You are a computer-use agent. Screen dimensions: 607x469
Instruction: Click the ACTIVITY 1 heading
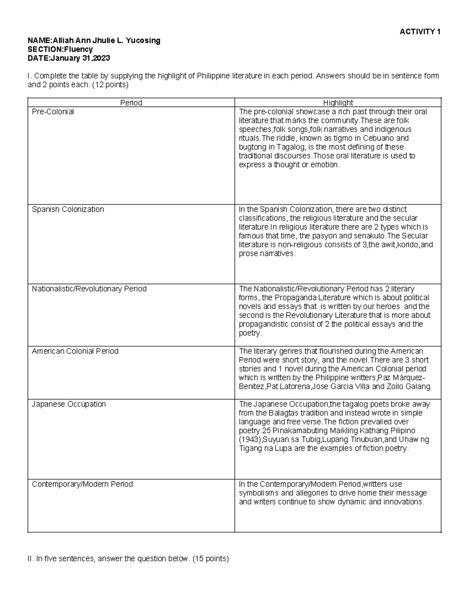[x=420, y=32]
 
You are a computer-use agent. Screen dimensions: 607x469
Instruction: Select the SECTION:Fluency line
[x=60, y=49]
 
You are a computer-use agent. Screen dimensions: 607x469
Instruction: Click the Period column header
[x=131, y=102]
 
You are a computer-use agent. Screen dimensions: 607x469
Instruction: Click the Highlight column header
[x=338, y=102]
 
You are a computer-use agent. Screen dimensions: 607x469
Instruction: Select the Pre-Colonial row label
[x=53, y=112]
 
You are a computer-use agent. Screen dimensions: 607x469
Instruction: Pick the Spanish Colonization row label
[x=68, y=209]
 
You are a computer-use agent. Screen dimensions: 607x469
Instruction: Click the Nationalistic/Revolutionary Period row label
[x=89, y=289]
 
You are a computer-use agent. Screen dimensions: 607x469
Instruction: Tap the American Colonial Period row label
[x=75, y=351]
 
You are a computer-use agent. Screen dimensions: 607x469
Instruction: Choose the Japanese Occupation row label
[x=69, y=404]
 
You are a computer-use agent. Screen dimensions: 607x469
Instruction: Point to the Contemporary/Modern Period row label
[x=82, y=484]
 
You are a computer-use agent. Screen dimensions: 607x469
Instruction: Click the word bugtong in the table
[x=251, y=147]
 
